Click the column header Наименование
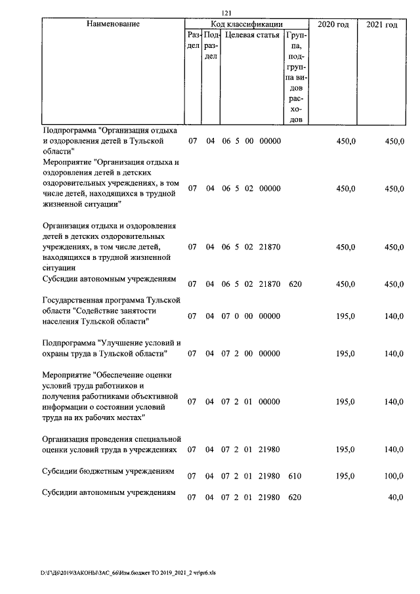pyautogui.click(x=113, y=24)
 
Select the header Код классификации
pyautogui.click(x=247, y=24)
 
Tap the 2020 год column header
pyautogui.click(x=333, y=24)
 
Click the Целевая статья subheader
pyautogui.click(x=252, y=35)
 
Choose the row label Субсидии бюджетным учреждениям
pyautogui.click(x=108, y=471)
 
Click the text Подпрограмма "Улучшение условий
pyautogui.click(x=109, y=343)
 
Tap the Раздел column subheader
pyautogui.click(x=193, y=41)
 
